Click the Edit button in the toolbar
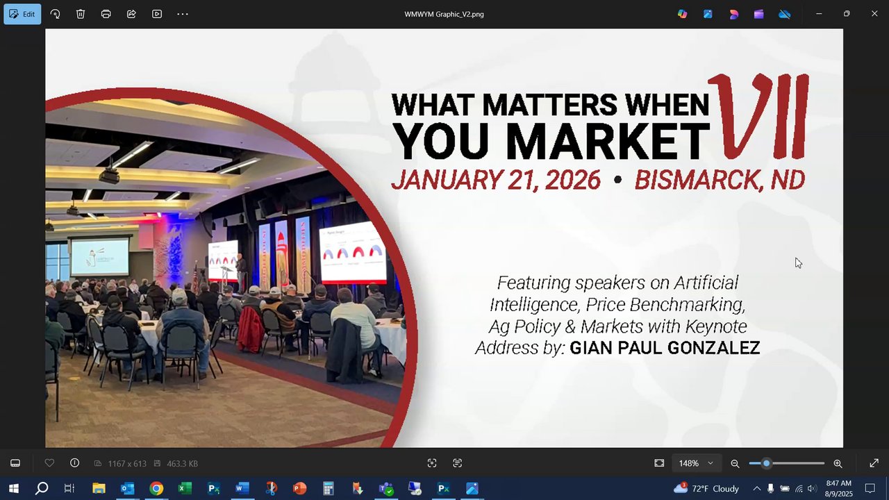pos(22,15)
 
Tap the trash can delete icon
pos(81,15)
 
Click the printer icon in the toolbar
pos(106,15)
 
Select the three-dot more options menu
pos(183,15)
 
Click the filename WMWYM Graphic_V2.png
pos(444,15)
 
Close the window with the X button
pos(874,13)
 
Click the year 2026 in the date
pos(573,180)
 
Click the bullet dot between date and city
pos(617,180)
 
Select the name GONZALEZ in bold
pos(713,348)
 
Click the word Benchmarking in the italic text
pos(688,305)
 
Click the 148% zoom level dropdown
pos(696,463)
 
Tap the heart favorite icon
pos(49,463)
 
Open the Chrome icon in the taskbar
pos(156,488)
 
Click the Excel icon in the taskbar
pos(185,488)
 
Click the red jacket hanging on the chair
pos(251,329)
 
